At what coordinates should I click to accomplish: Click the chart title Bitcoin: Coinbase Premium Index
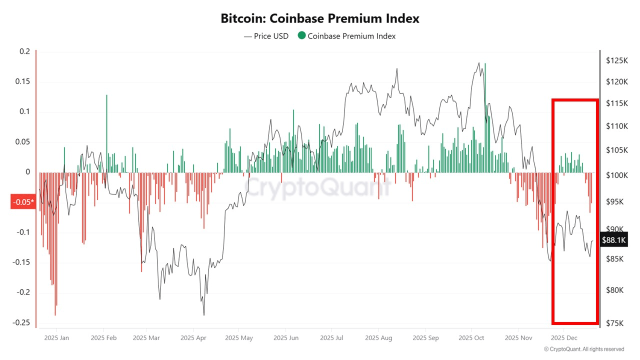(x=320, y=18)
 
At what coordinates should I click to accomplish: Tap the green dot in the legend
(x=301, y=35)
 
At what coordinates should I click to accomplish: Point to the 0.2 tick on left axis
(x=25, y=51)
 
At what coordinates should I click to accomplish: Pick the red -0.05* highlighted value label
(x=23, y=202)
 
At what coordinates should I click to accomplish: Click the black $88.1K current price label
(x=613, y=240)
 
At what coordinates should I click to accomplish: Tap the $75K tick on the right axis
(x=614, y=323)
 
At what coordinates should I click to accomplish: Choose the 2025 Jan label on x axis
(x=56, y=338)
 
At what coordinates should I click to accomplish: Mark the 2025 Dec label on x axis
(x=564, y=338)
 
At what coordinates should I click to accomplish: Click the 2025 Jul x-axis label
(x=332, y=338)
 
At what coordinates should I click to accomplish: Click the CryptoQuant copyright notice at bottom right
(x=583, y=349)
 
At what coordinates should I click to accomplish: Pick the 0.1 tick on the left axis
(x=25, y=111)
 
